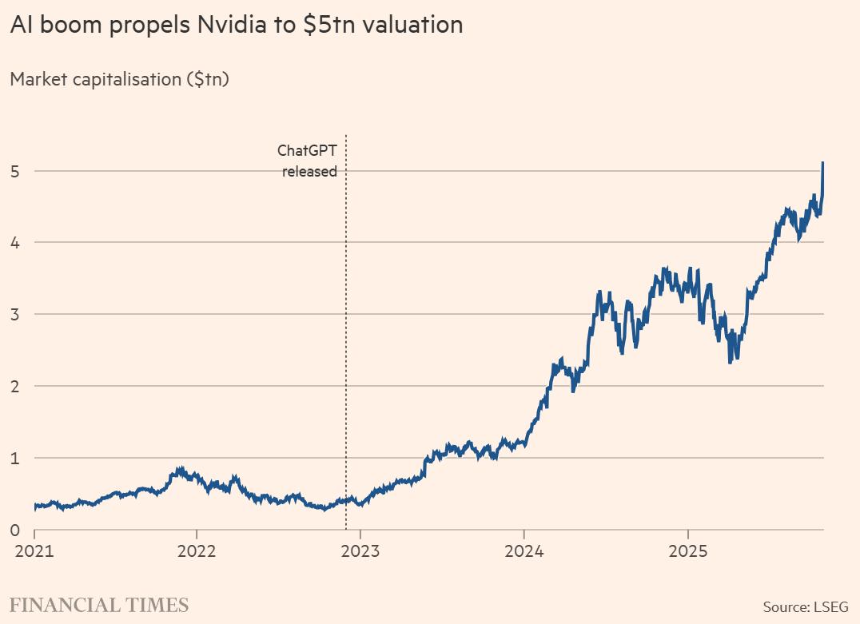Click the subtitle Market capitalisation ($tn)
tap(119, 79)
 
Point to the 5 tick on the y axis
tap(15, 170)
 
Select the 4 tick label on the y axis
tap(15, 242)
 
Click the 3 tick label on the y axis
tap(15, 314)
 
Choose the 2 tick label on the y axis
tap(15, 386)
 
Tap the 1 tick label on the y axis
tap(15, 458)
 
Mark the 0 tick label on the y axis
tap(15, 530)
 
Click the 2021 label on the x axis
tap(34, 552)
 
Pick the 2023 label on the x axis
tap(360, 552)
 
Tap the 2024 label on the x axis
tap(524, 552)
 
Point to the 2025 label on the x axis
tap(688, 552)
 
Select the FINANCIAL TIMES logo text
tap(99, 605)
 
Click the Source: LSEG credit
tap(806, 607)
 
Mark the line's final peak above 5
tap(823, 163)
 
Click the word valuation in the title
tap(412, 25)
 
